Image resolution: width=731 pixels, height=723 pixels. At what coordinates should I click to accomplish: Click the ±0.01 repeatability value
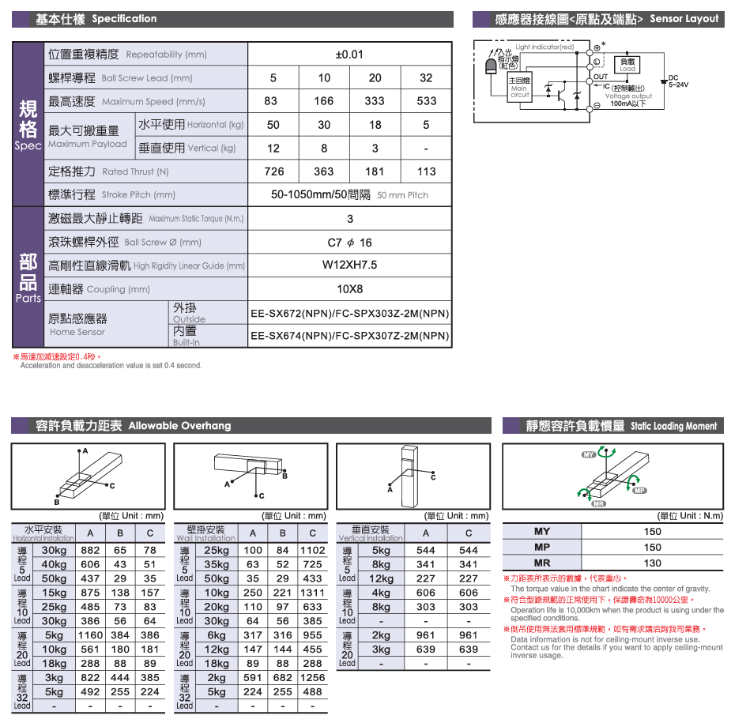[350, 55]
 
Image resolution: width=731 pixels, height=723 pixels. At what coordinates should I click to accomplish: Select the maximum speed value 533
[427, 101]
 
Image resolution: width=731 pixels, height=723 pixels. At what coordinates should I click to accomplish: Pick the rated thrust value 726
[273, 171]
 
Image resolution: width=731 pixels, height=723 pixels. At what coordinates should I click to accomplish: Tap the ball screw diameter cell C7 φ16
[350, 243]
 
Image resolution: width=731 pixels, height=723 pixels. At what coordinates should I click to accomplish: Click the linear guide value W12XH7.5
[350, 265]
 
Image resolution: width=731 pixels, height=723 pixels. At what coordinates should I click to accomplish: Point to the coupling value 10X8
[350, 289]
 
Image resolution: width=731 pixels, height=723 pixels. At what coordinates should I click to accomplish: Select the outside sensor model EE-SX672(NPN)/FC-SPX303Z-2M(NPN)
[350, 313]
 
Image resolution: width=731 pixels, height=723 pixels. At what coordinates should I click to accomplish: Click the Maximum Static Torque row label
[146, 219]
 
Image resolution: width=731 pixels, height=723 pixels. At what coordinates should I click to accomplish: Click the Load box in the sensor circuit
[627, 65]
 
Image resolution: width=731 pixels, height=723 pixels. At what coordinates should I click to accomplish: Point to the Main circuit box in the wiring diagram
[518, 87]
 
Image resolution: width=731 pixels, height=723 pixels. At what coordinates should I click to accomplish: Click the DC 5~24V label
[678, 81]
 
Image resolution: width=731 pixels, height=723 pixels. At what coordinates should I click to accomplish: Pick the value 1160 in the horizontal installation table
[91, 635]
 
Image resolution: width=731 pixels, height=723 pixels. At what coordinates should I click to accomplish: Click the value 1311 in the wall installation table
[312, 593]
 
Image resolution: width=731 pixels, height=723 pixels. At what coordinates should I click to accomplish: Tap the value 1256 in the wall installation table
[312, 677]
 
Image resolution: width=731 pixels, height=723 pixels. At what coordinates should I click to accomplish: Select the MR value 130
[652, 563]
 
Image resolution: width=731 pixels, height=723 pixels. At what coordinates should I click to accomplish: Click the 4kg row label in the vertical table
[381, 593]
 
